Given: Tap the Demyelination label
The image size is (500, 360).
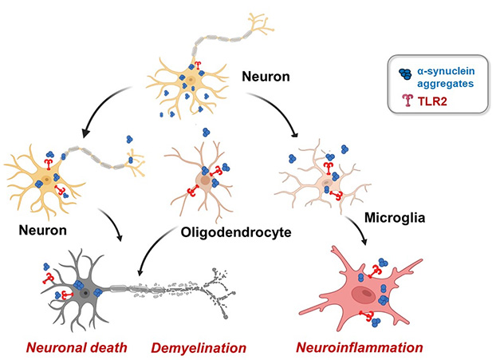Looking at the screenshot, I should point(199,348).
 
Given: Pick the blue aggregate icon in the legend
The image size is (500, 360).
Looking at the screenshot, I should point(407,73).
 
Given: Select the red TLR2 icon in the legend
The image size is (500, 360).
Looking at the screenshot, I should point(407,101).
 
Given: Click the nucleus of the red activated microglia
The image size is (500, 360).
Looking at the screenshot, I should point(366,295).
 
